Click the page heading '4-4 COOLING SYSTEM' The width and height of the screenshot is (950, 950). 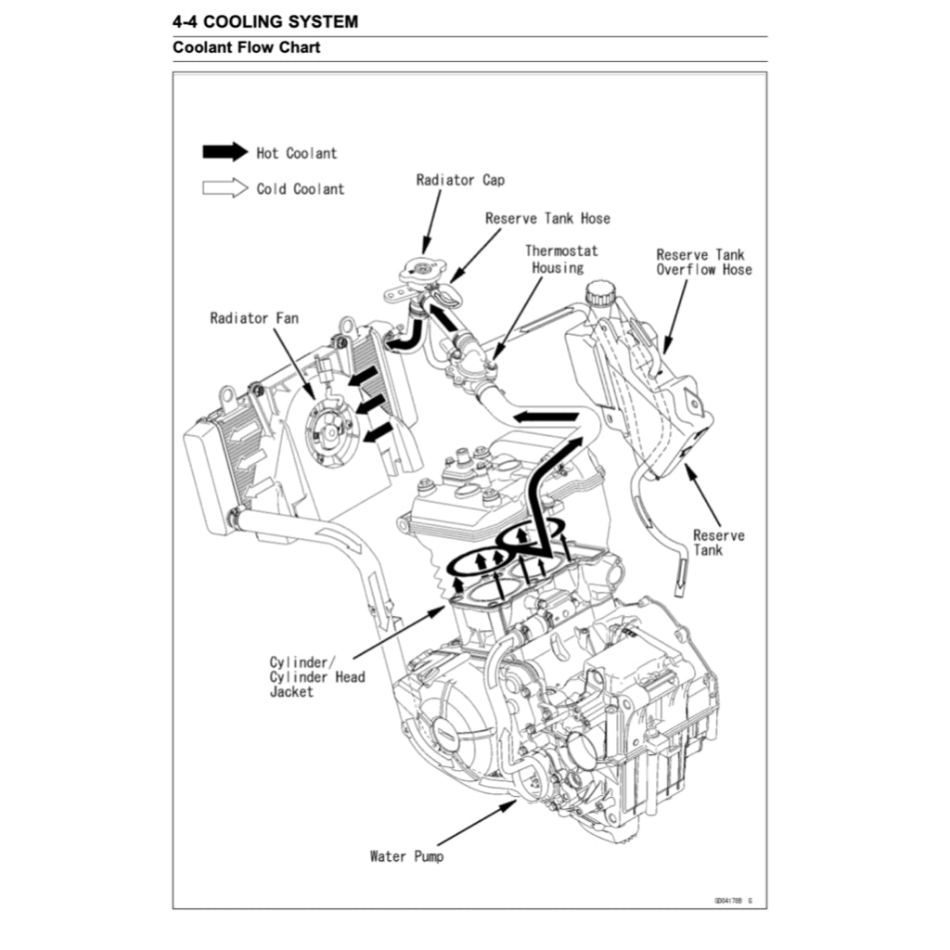pyautogui.click(x=265, y=22)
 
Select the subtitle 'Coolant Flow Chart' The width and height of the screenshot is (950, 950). pyautogui.click(x=247, y=47)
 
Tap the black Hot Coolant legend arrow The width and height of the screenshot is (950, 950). pyautogui.click(x=225, y=151)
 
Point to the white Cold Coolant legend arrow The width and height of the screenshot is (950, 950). pyautogui.click(x=225, y=187)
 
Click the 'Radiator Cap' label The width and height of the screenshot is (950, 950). pyautogui.click(x=460, y=180)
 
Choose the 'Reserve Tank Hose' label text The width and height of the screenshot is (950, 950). pyautogui.click(x=547, y=218)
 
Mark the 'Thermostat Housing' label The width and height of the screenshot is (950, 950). pyautogui.click(x=560, y=260)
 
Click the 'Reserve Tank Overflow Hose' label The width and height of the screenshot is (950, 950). pyautogui.click(x=704, y=263)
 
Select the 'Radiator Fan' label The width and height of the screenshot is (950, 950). pyautogui.click(x=254, y=318)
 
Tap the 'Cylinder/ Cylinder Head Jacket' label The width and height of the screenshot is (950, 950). pyautogui.click(x=317, y=676)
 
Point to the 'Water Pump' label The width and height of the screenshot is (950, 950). pyautogui.click(x=406, y=856)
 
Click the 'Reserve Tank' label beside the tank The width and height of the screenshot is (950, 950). pyautogui.click(x=719, y=543)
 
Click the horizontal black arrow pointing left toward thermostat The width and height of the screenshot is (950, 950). pyautogui.click(x=546, y=417)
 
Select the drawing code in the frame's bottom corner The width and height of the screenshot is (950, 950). pyautogui.click(x=733, y=901)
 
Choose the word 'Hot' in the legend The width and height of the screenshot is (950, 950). pyautogui.click(x=266, y=153)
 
